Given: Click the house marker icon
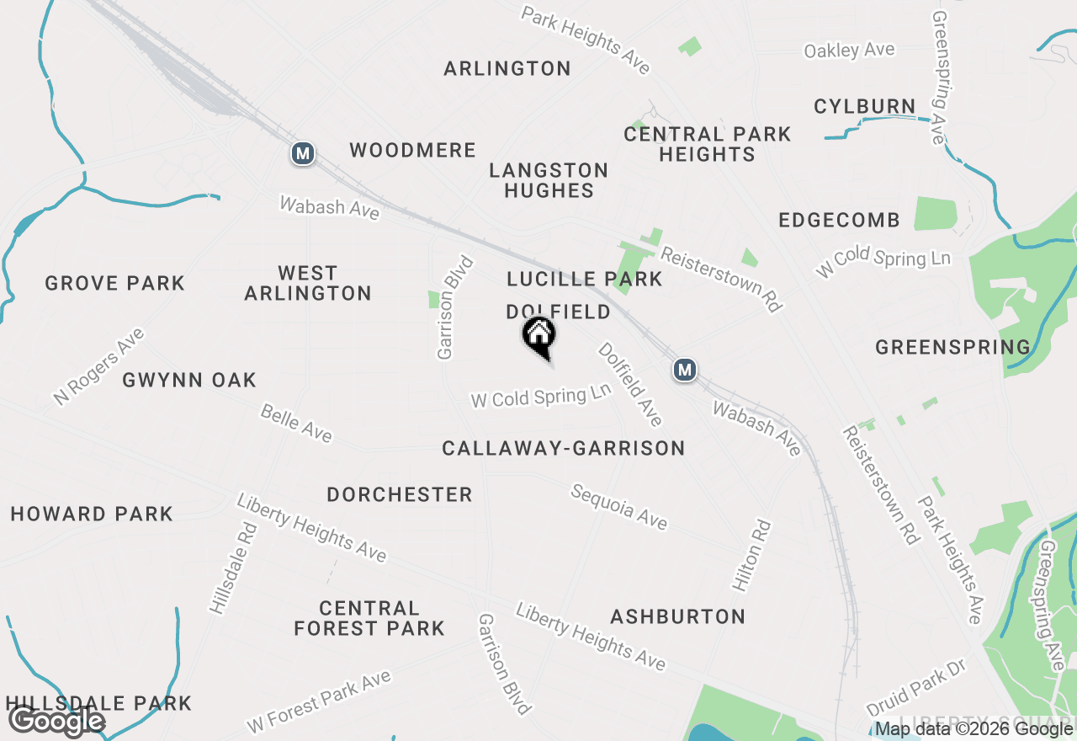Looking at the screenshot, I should [539, 337].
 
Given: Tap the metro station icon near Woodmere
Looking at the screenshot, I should [303, 153].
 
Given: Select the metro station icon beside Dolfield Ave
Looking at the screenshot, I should [685, 369].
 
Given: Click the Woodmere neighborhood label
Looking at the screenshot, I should [413, 151].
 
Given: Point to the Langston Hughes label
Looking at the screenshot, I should [549, 180].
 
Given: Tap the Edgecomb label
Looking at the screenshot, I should [839, 221].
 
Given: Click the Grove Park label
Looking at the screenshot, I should [114, 283].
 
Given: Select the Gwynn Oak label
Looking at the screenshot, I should [189, 380].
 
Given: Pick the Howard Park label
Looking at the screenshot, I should [92, 514].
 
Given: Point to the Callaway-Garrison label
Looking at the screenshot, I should [564, 449].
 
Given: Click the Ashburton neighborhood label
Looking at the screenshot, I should [677, 617].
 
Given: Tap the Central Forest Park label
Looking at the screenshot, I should [369, 618].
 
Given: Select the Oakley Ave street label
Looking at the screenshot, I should [849, 51].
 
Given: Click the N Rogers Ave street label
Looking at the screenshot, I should [98, 366].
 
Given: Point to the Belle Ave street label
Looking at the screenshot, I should [296, 423].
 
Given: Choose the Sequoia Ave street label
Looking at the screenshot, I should [619, 507].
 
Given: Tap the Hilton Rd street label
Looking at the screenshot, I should [751, 555].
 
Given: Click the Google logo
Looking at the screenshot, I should [56, 722].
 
